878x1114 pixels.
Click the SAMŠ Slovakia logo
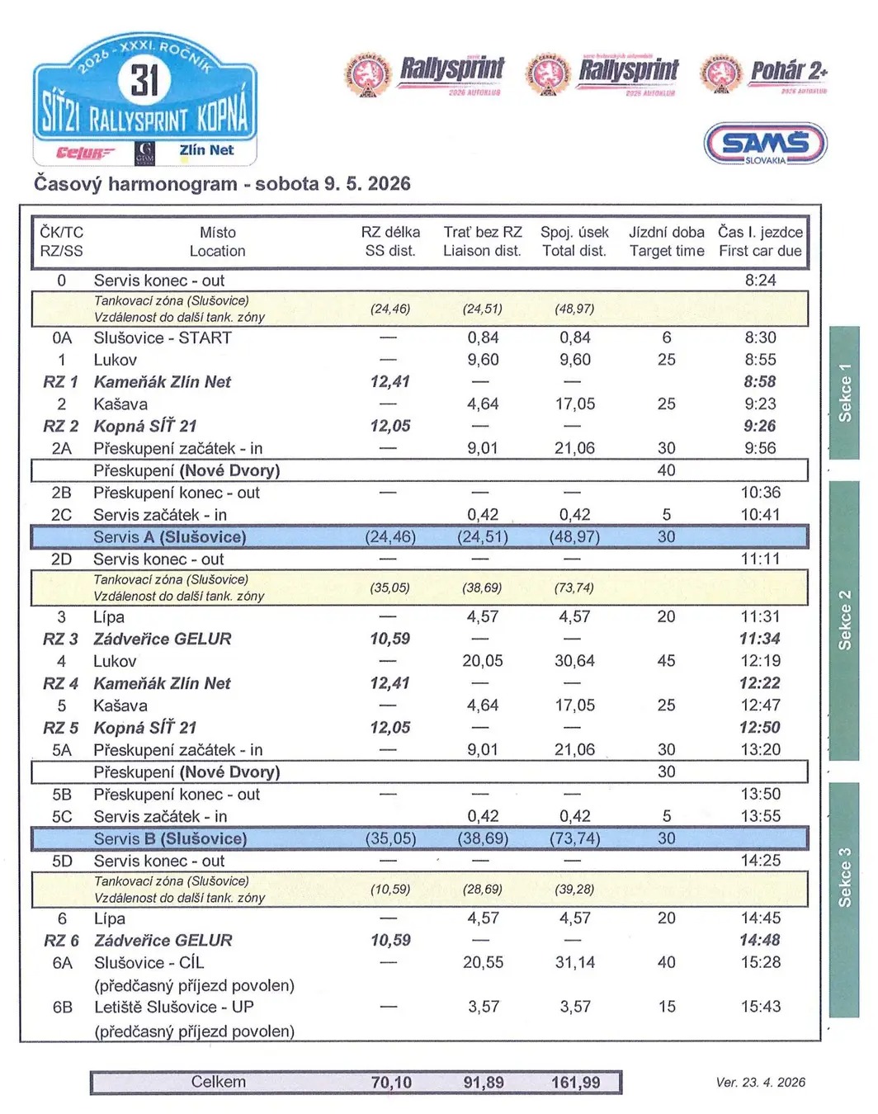click(x=765, y=144)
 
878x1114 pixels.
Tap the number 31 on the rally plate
click(x=144, y=81)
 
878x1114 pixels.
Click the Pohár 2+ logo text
click(x=788, y=72)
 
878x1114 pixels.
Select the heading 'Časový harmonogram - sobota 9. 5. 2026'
click(x=222, y=183)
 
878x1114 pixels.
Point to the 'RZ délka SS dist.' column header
click(x=390, y=242)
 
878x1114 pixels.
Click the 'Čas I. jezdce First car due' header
click(x=760, y=242)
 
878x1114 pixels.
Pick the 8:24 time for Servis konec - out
click(x=760, y=281)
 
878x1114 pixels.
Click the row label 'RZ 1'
click(x=61, y=382)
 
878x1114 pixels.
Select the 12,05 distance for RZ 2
click(x=390, y=426)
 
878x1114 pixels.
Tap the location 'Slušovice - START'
click(x=163, y=338)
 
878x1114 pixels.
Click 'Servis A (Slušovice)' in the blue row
click(x=169, y=537)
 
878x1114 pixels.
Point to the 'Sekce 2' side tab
click(x=844, y=620)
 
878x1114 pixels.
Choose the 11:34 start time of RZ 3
click(x=760, y=639)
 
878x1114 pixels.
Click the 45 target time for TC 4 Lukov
click(x=667, y=661)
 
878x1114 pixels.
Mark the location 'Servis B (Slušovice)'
click(x=170, y=838)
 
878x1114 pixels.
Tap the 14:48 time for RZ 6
click(x=760, y=940)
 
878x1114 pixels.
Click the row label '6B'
click(x=63, y=1007)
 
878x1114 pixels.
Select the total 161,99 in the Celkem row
click(x=575, y=1082)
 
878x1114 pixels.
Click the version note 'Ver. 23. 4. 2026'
click(x=760, y=1082)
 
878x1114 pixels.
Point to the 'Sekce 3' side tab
click(x=844, y=876)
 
